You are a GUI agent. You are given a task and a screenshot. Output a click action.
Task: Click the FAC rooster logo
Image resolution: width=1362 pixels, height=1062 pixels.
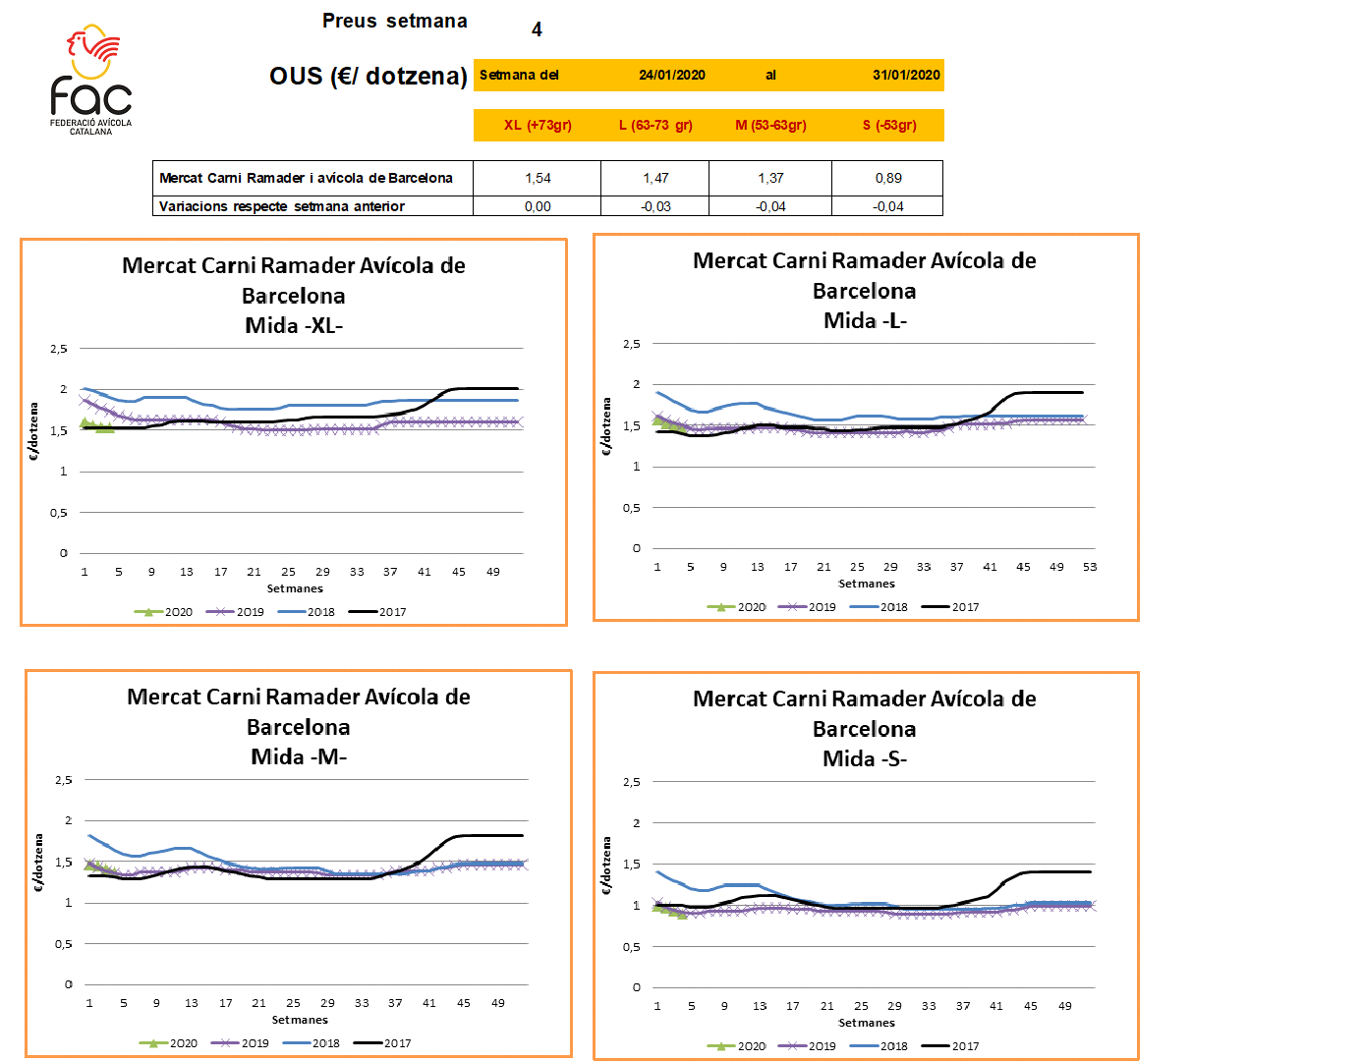90,79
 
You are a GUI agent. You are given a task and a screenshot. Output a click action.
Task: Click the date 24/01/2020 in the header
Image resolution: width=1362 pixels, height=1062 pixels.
671,75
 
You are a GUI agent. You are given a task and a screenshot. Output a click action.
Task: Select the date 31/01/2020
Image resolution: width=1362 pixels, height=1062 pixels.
906,75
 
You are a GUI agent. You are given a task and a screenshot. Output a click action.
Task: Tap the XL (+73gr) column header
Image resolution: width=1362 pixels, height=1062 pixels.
538,125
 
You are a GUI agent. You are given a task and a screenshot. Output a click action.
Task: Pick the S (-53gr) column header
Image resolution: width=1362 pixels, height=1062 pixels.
888,125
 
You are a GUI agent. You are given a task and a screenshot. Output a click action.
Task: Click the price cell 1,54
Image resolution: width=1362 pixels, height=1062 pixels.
538,178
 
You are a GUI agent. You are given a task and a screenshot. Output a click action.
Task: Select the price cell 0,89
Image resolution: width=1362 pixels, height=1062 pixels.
888,178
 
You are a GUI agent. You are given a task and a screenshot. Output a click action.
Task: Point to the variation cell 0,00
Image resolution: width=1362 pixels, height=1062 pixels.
538,206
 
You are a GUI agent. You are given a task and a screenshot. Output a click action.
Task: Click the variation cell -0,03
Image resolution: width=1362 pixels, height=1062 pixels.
655,206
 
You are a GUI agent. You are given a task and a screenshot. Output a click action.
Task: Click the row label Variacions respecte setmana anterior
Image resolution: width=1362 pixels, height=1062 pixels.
282,206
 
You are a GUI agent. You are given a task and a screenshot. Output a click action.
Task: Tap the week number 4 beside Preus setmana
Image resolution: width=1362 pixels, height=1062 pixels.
537,29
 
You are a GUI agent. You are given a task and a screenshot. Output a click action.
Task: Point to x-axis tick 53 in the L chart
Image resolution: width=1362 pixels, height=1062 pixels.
1090,567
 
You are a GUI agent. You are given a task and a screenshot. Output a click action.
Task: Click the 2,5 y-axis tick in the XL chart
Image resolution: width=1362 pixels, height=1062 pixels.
60,349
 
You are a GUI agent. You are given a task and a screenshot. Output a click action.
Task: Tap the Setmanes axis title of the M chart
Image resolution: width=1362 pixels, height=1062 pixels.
300,1020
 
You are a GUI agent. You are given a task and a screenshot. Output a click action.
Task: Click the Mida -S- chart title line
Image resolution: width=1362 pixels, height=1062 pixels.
865,758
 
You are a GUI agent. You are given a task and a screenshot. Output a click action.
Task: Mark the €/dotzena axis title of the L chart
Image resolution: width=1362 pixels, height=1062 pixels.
607,426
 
